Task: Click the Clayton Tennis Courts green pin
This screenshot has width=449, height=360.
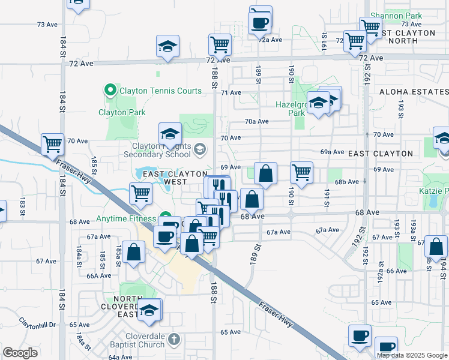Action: click(110, 91)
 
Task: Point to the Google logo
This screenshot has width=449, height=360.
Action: click(20, 353)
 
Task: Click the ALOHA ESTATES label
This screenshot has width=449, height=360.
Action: click(414, 92)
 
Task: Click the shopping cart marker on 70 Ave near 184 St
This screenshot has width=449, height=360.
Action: click(53, 144)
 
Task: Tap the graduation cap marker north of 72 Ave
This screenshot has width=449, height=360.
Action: click(168, 46)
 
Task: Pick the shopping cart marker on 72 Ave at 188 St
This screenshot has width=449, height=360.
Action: click(220, 44)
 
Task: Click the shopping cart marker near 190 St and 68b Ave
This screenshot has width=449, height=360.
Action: click(301, 172)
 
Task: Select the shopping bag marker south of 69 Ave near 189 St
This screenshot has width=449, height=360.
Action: click(265, 173)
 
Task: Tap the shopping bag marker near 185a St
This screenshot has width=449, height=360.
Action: click(134, 252)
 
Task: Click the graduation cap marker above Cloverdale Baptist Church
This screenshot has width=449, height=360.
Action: click(149, 310)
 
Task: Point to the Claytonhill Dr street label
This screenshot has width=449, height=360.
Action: click(37, 323)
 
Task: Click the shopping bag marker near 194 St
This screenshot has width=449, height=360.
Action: click(437, 247)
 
